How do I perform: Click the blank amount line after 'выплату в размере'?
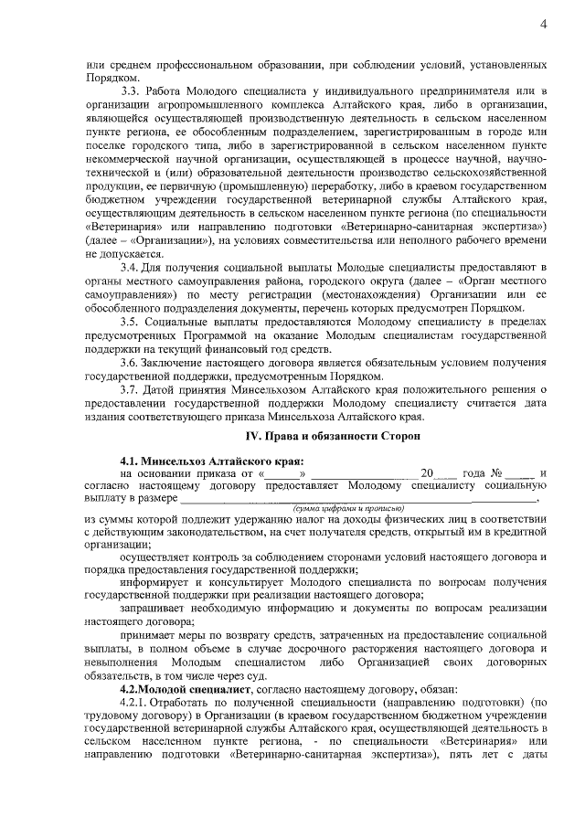point(356,500)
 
